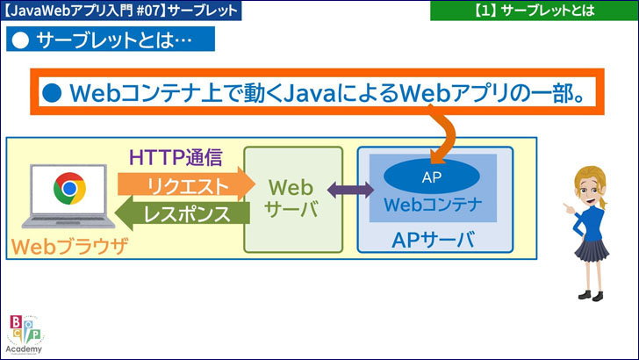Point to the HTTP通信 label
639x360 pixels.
[176, 158]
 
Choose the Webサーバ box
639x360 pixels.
[293, 200]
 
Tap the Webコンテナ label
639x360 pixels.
[433, 207]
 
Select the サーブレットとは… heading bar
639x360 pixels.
[110, 40]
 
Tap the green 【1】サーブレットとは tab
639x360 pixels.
[534, 11]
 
